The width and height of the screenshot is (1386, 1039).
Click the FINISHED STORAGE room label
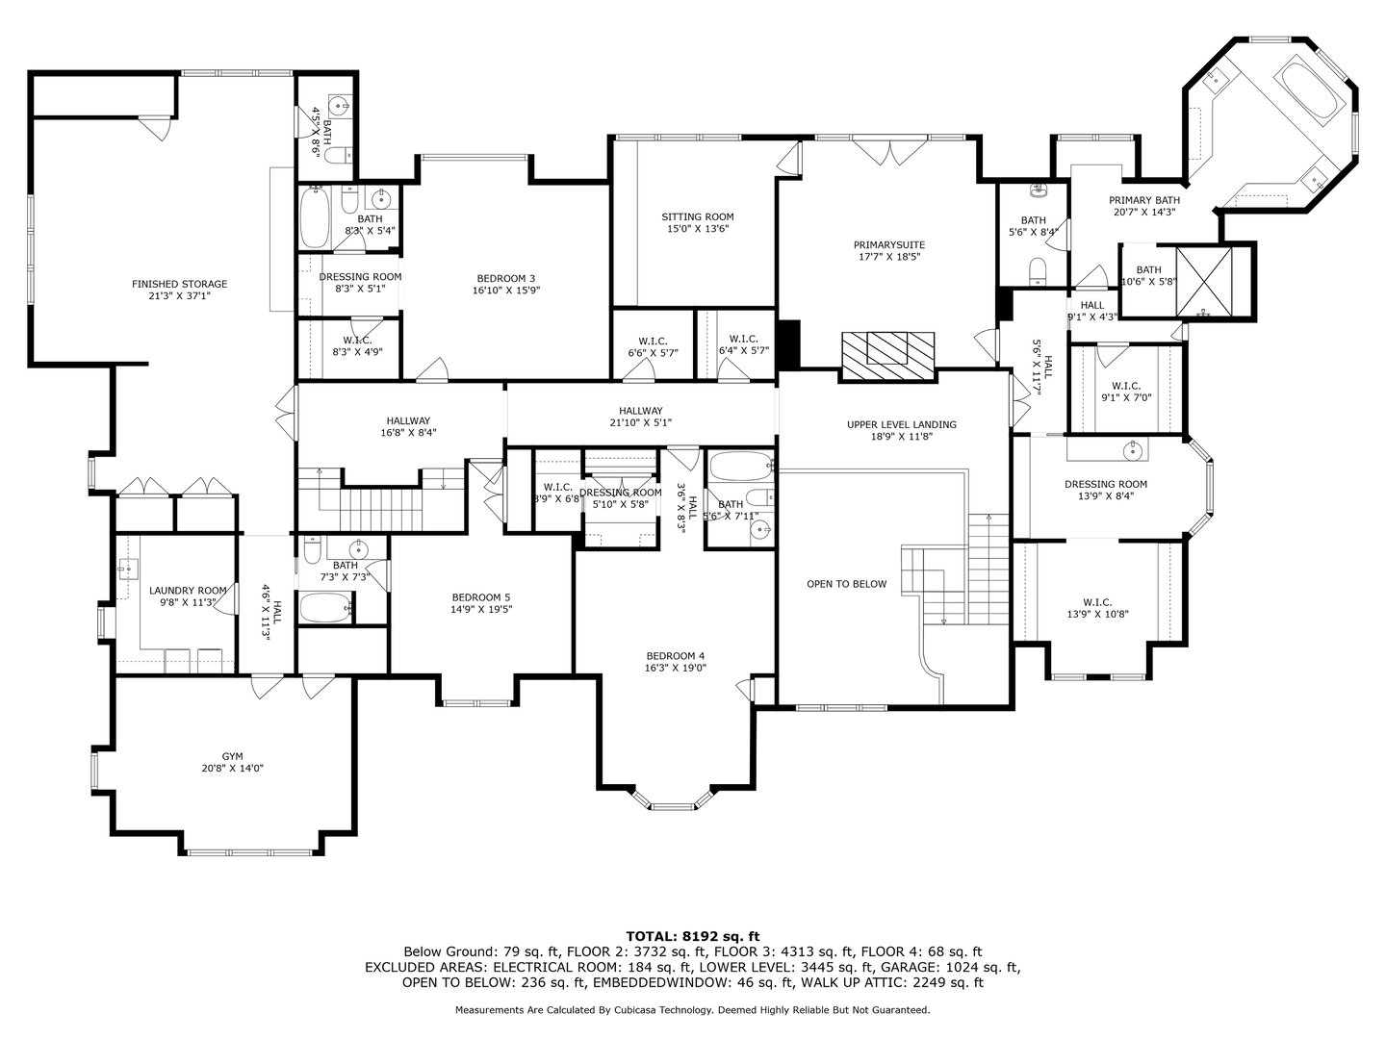(179, 284)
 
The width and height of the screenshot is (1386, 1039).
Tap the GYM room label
(232, 756)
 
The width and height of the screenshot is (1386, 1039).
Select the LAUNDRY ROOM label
(188, 591)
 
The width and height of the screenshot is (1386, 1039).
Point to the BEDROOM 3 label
(505, 278)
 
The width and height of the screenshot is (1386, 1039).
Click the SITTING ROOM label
(698, 216)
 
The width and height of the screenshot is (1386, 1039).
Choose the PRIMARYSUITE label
(889, 244)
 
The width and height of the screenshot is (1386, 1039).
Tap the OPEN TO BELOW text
(846, 584)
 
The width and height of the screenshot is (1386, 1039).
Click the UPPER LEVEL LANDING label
(901, 424)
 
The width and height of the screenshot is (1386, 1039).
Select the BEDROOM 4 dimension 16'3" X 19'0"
(675, 668)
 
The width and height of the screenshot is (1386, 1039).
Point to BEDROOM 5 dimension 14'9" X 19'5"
(481, 609)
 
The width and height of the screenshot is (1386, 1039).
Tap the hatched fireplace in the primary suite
(887, 356)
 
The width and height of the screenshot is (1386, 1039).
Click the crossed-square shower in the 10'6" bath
(1203, 281)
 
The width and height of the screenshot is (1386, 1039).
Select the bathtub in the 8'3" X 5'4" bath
(314, 217)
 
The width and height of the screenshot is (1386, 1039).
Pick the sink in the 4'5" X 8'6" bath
(339, 105)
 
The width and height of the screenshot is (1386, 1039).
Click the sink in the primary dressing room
(1134, 450)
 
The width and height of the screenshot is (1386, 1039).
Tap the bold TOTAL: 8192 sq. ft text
(693, 937)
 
